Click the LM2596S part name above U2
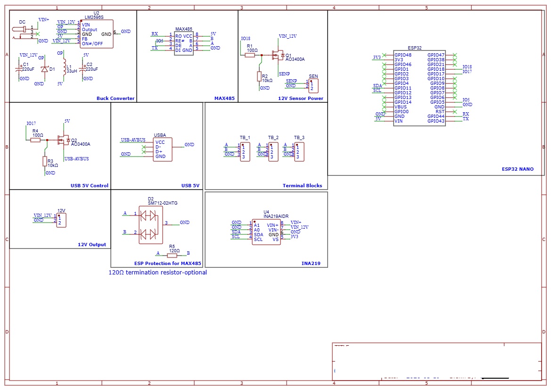tap(94, 17)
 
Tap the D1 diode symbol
tap(44, 69)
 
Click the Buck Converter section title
tap(115, 99)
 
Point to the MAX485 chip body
tap(184, 43)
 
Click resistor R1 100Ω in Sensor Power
tap(250, 55)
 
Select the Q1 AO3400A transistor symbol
tap(278, 55)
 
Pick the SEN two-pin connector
tap(313, 85)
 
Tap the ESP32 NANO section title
tap(518, 169)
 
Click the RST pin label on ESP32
tap(440, 112)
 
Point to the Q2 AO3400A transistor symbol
tap(62, 140)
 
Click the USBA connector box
tap(162, 149)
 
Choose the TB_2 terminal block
tap(273, 152)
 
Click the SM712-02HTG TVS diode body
tap(150, 224)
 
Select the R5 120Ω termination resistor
tap(172, 255)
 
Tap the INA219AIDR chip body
tap(266, 232)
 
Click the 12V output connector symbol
tap(61, 220)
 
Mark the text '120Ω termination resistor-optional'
tap(158, 273)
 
